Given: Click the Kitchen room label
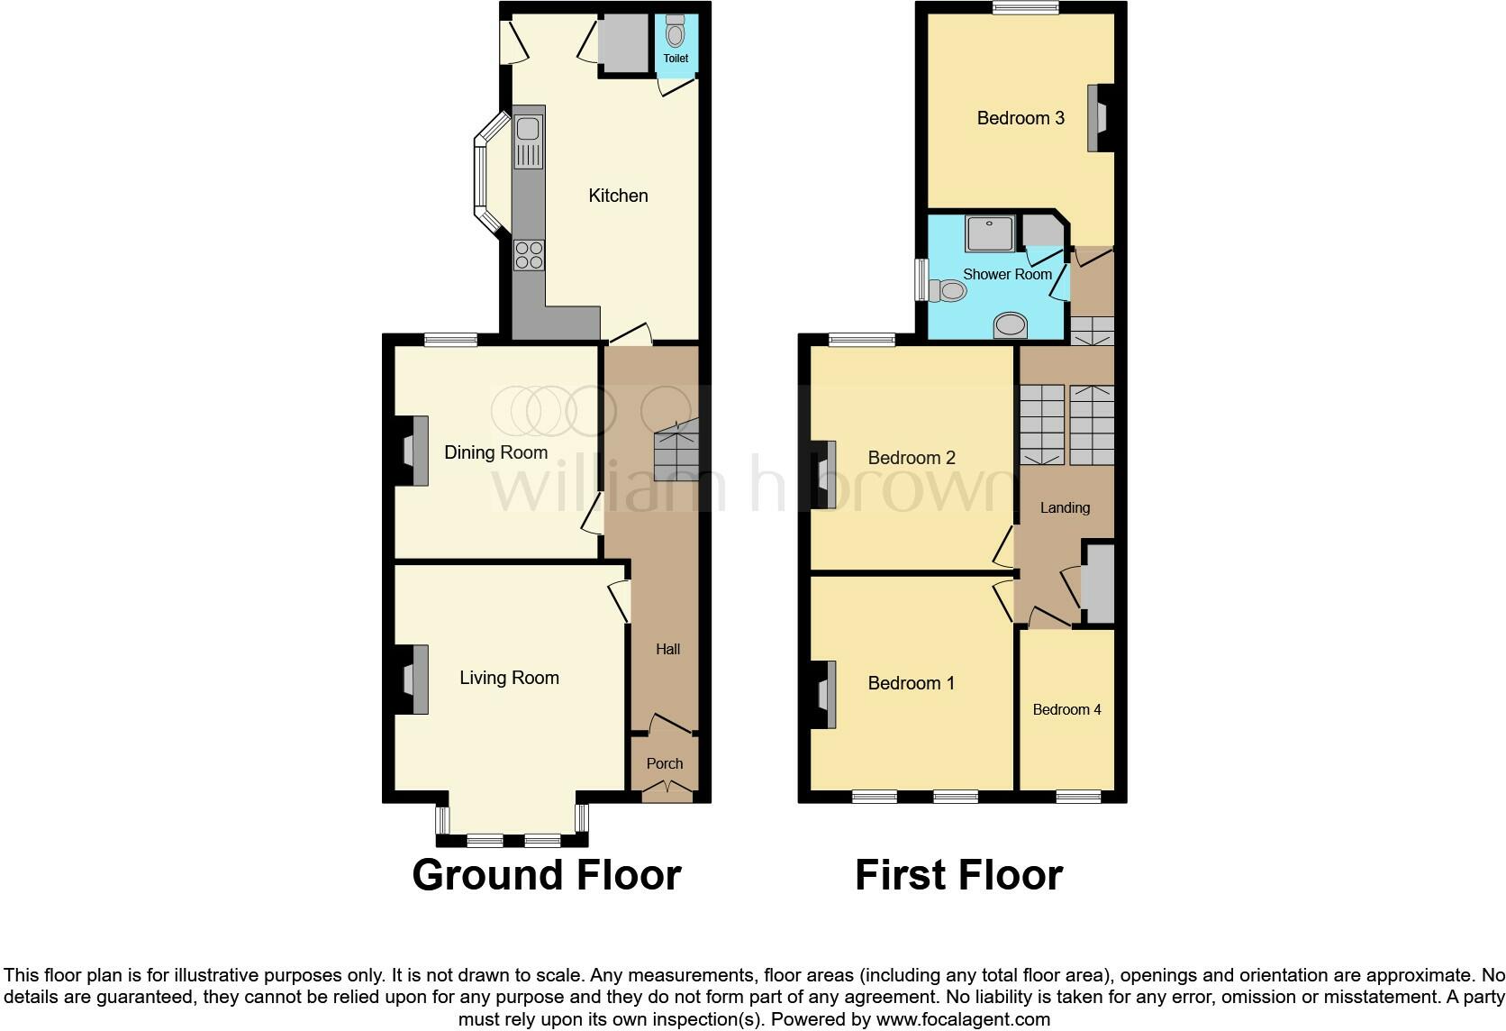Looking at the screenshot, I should coord(618,196).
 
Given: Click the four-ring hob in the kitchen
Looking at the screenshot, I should coord(529,255).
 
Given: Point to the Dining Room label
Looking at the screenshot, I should coord(495,452).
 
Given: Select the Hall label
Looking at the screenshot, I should coord(667,649).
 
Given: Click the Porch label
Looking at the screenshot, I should coord(665,763).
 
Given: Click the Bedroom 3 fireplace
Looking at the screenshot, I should coord(1097,118).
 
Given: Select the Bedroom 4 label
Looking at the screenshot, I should coord(1066,709).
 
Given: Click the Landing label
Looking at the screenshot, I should coord(1065,507).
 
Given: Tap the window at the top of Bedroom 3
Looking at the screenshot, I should coord(1025,8).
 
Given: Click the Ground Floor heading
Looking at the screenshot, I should coord(546,874).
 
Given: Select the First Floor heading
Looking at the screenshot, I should coord(958,874).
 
